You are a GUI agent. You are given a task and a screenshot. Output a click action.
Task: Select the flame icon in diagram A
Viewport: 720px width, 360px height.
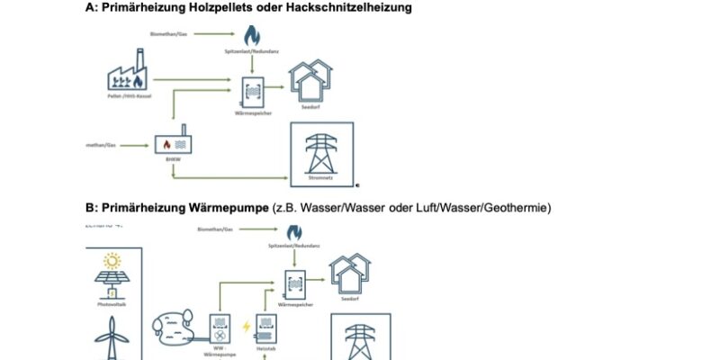252,36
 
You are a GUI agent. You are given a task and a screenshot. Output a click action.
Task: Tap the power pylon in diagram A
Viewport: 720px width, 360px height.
321,153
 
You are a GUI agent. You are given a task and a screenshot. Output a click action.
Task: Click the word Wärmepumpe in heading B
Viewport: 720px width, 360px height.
229,208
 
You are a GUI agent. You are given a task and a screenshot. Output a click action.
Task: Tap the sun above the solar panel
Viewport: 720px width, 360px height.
113,262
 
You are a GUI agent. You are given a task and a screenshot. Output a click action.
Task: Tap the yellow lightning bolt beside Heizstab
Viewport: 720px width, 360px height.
246,325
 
